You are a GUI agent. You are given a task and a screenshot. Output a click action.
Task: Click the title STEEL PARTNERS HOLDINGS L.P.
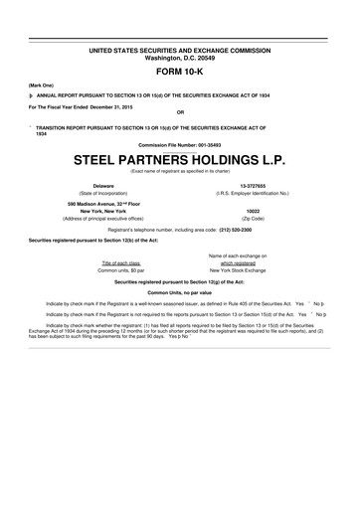[180, 159]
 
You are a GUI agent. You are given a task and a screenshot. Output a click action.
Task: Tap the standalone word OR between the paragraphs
[180, 111]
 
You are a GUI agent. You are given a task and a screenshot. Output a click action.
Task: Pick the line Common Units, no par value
[180, 291]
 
